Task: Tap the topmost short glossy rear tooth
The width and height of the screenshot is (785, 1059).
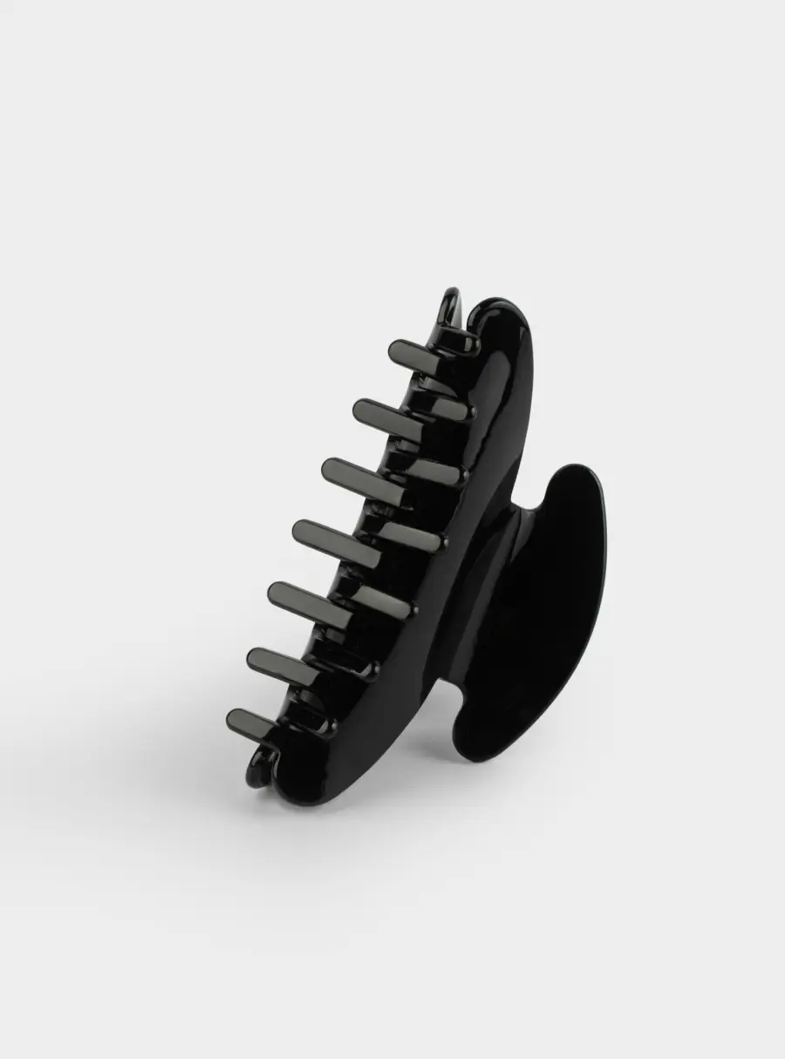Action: pyautogui.click(x=457, y=343)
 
